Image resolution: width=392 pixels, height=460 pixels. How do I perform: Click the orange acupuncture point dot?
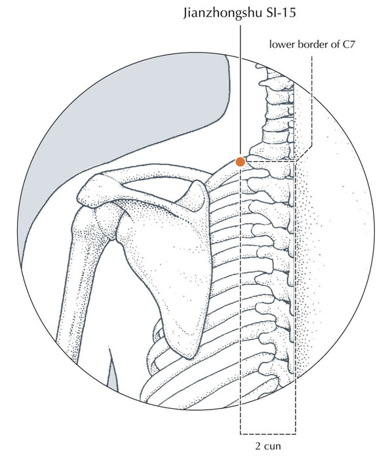coord(240,162)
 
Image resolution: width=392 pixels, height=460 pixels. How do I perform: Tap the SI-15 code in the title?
coord(281,12)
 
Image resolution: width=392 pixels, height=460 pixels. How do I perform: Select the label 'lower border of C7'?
coord(312,45)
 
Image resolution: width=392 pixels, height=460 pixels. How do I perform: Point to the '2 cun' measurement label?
coord(268,446)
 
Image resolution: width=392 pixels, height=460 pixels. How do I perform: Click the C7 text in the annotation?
coord(349,45)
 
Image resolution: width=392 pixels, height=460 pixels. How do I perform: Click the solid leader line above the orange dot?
coord(241,91)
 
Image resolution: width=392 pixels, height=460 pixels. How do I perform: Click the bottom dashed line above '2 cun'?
coord(268,434)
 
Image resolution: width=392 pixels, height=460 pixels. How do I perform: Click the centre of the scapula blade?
coord(173,258)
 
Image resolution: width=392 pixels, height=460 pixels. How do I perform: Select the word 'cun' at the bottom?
coord(273,447)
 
